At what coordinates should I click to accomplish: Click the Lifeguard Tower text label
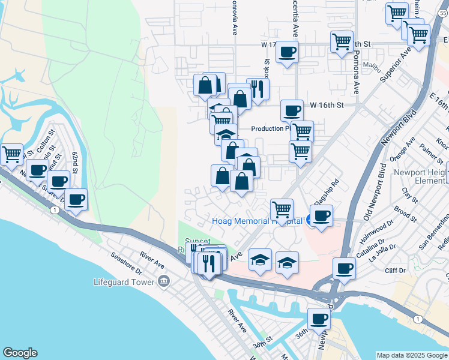124,282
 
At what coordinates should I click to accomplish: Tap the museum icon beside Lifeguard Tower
163,282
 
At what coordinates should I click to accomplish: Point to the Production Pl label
271,128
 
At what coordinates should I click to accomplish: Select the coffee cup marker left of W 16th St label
292,110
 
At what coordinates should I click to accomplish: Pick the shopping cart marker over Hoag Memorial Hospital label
282,209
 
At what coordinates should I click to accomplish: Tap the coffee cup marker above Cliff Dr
345,268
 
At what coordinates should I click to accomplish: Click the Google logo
19,353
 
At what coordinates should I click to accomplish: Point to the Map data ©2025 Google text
412,355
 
